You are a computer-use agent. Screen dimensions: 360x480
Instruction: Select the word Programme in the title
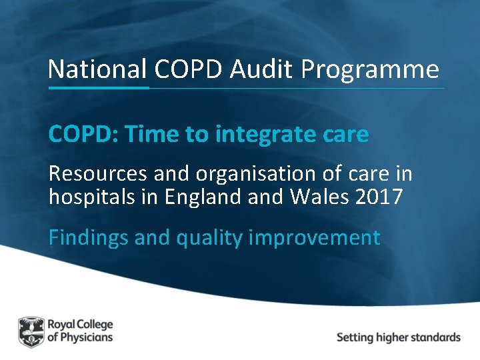point(371,70)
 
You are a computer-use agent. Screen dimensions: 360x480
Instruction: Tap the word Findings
point(89,238)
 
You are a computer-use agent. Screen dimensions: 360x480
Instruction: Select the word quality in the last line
point(209,239)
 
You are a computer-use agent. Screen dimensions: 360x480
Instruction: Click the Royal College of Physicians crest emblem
point(30,331)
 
